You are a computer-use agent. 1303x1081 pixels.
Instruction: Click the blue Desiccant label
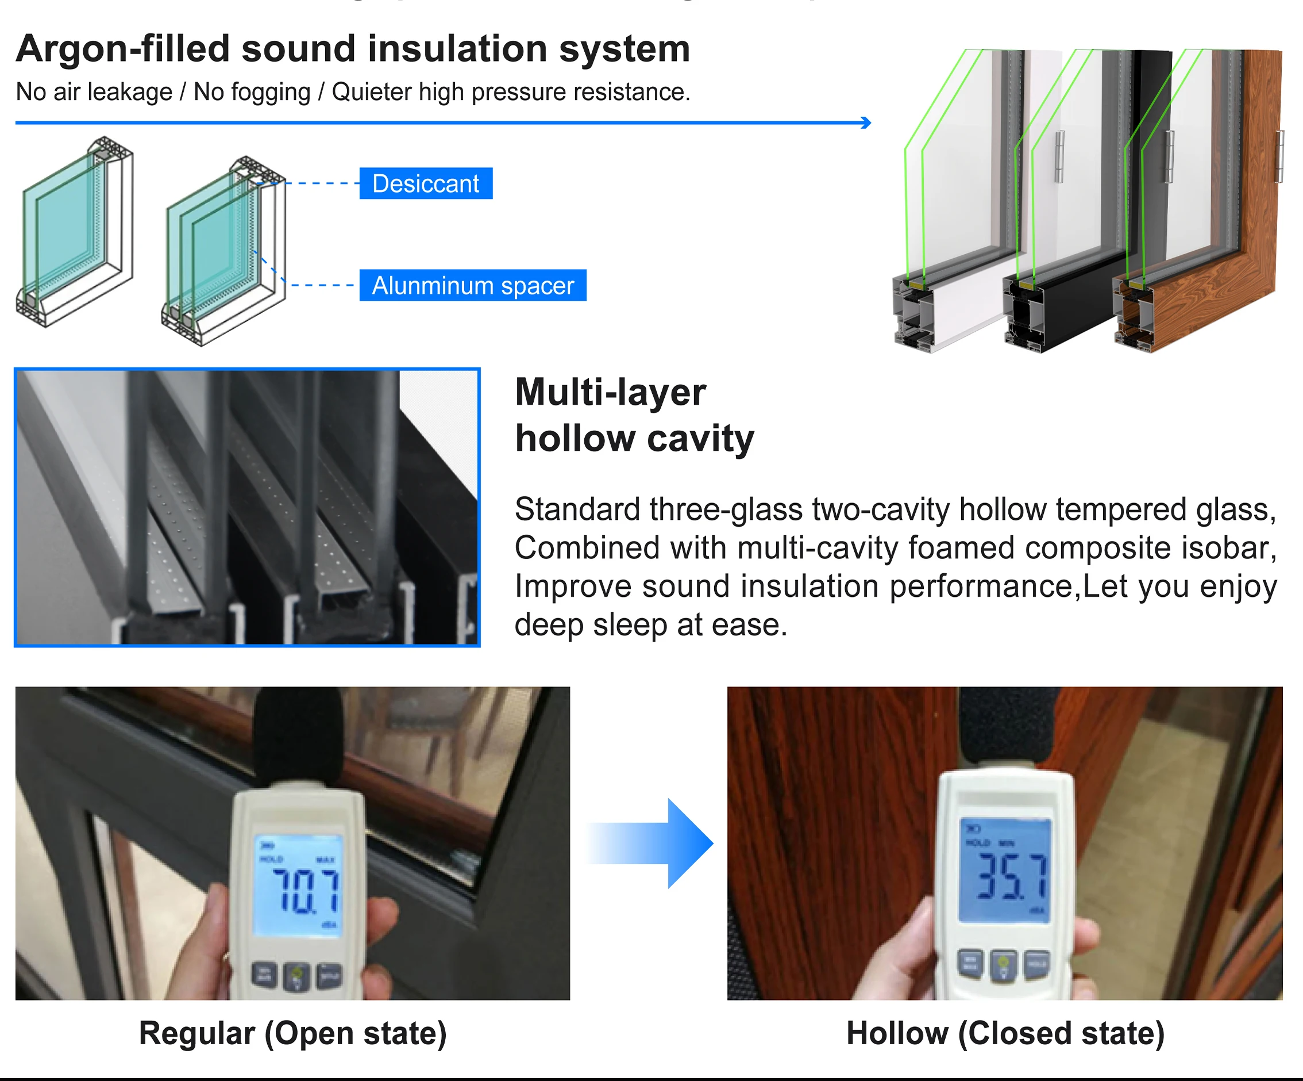tap(426, 184)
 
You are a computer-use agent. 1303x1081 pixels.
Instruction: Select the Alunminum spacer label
tap(473, 286)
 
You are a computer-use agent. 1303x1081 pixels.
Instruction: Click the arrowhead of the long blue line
tap(867, 122)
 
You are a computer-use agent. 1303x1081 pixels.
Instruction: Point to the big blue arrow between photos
tap(658, 843)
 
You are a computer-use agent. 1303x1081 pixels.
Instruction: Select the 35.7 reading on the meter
tap(1012, 877)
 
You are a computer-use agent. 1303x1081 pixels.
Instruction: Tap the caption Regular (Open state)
tap(292, 1034)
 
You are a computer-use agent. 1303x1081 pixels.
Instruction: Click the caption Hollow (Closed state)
tap(1005, 1034)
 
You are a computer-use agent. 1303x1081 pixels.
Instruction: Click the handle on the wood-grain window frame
tap(1279, 156)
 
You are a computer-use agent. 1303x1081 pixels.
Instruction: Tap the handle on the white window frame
tap(1060, 156)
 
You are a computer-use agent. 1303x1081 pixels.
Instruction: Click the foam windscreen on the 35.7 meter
tap(1006, 733)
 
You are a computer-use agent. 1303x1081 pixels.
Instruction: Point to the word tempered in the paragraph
tap(1122, 510)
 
